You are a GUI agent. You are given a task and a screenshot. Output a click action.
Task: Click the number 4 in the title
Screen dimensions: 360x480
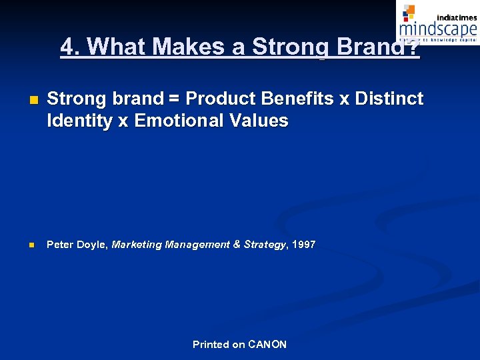[67, 46]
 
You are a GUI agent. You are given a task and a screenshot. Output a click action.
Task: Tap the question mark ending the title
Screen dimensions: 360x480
[414, 46]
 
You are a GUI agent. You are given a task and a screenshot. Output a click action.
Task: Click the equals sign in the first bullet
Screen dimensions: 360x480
[173, 99]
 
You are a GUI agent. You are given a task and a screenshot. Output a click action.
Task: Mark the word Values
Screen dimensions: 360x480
[265, 121]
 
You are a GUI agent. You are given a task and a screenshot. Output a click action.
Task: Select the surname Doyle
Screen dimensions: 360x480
[91, 245]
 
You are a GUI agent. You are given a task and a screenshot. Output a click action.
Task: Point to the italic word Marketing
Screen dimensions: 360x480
[137, 245]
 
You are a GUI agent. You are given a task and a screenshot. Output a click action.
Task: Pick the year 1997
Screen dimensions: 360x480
[303, 245]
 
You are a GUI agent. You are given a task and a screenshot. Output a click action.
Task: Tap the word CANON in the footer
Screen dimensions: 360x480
[267, 345]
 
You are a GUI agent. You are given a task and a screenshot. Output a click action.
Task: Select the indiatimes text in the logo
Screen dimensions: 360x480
[457, 17]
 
